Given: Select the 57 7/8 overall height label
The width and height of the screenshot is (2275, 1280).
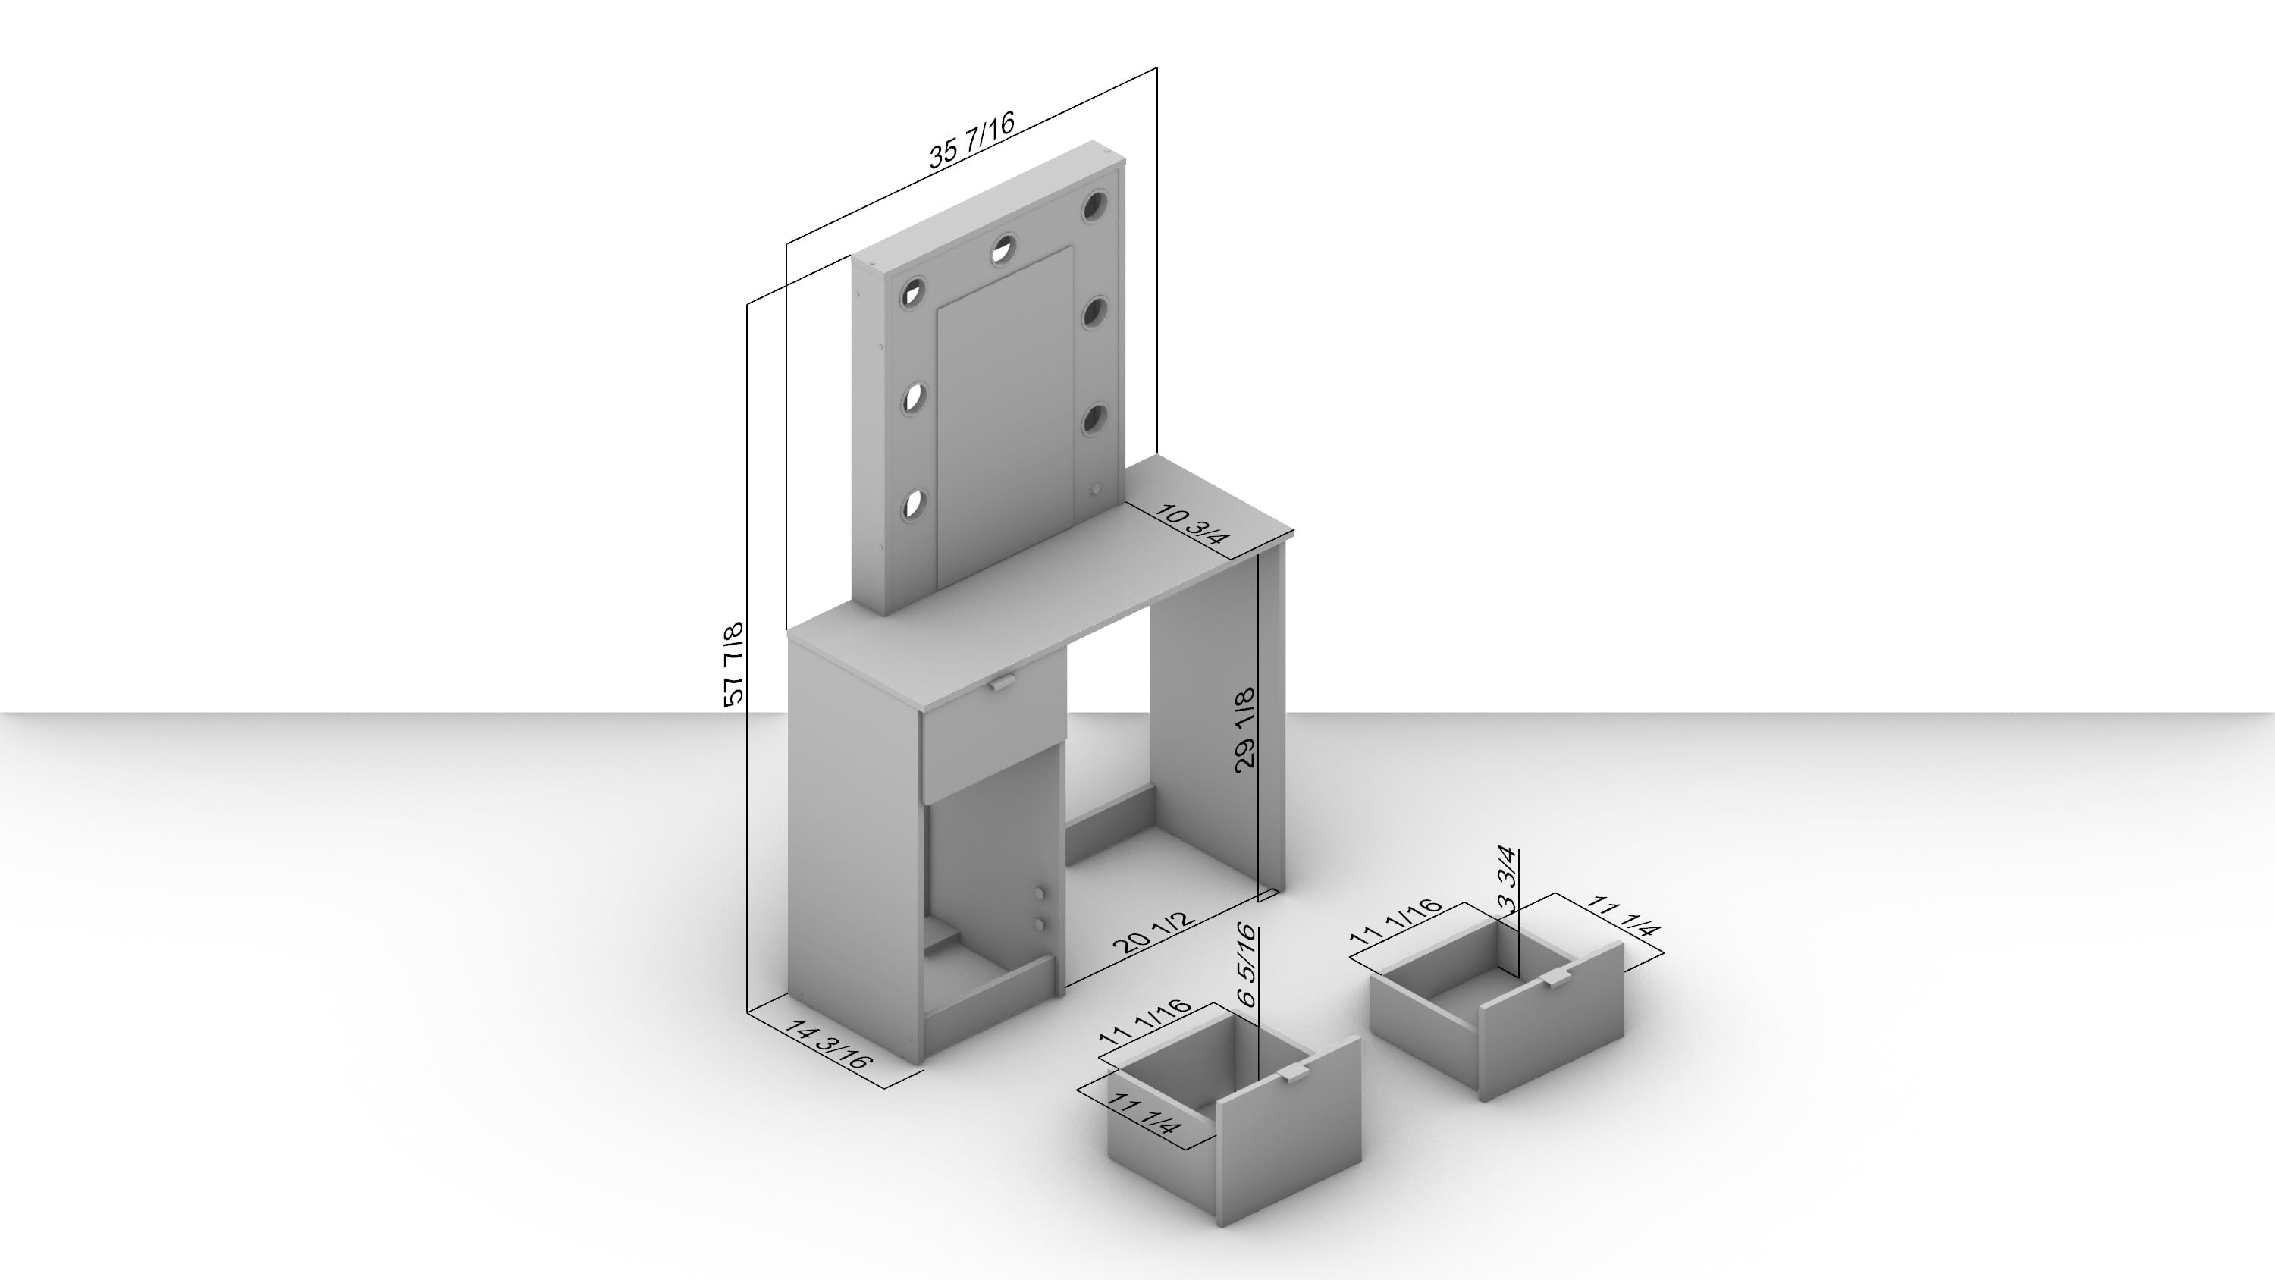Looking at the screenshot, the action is click(733, 664).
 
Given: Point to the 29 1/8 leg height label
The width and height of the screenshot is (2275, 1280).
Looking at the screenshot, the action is click(1244, 729).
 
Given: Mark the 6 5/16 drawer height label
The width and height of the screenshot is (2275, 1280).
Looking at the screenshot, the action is click(1246, 965).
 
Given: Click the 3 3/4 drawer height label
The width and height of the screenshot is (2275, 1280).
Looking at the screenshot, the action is click(1508, 880).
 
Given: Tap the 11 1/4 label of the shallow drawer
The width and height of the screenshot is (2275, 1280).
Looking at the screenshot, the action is click(1624, 916).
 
